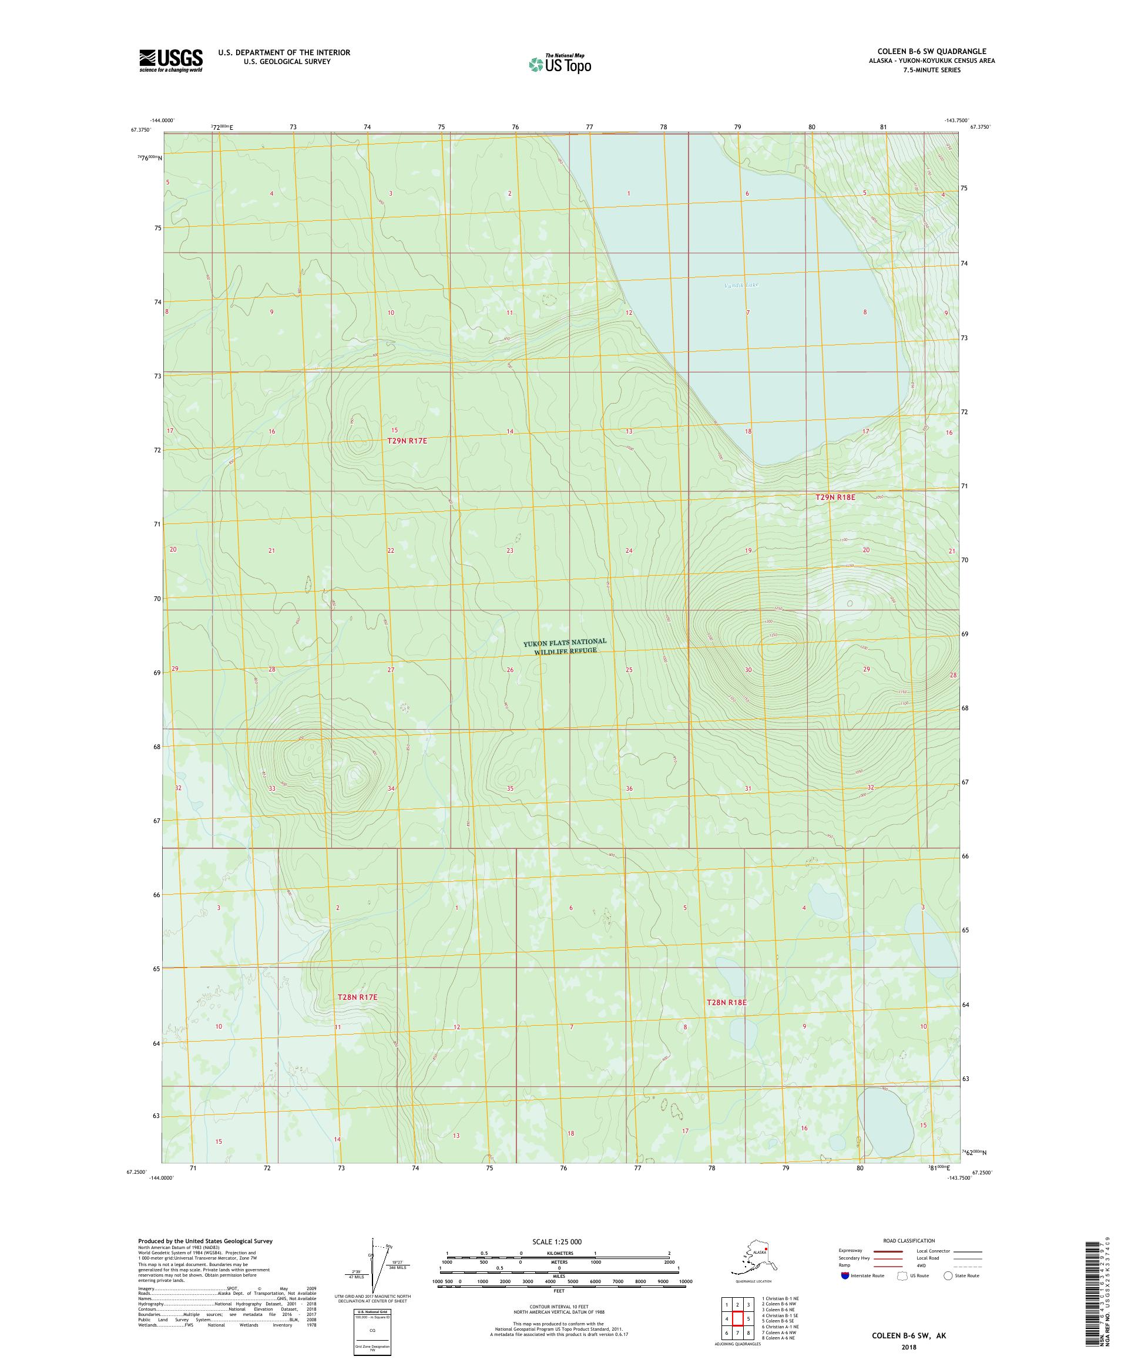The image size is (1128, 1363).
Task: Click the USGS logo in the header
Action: coord(170,61)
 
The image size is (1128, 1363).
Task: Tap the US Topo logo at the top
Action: coord(559,64)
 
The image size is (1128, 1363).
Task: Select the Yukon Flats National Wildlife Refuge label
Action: coord(565,646)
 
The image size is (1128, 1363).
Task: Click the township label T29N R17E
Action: coord(407,441)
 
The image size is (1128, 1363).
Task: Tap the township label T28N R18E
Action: coord(726,1021)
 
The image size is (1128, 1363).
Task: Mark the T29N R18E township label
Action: coord(835,497)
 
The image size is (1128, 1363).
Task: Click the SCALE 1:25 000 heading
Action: coord(559,1241)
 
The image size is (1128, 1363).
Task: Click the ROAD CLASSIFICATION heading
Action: coord(909,1240)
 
